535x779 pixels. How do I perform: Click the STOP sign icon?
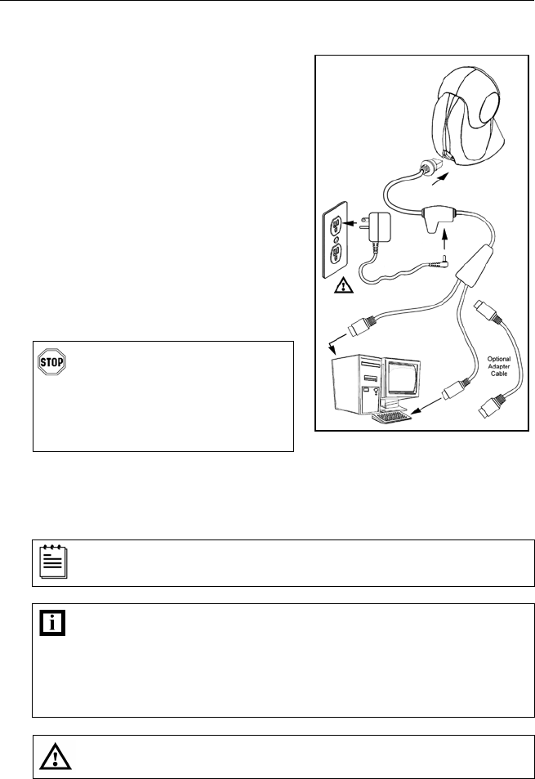point(51,362)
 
